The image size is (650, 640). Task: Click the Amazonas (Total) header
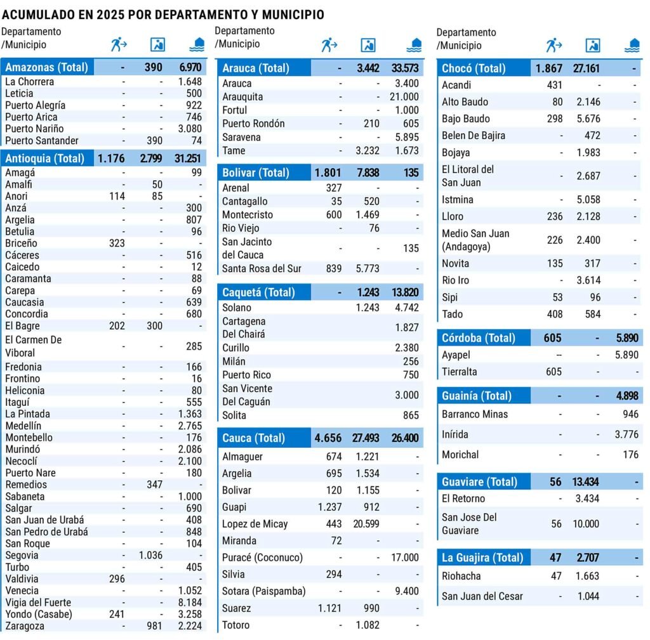coord(46,68)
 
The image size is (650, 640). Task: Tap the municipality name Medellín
coord(23,426)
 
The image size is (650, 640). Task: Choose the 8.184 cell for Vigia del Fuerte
coord(190,602)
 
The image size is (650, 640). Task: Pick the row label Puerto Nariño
coord(35,129)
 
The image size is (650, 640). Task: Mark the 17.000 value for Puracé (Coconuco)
coord(404,558)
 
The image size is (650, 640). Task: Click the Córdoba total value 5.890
coord(626,338)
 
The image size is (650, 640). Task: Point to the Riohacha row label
coord(461,576)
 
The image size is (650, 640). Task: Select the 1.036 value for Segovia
coord(150,555)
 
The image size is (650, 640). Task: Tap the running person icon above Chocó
coord(554,45)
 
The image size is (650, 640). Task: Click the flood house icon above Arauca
coord(414,45)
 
